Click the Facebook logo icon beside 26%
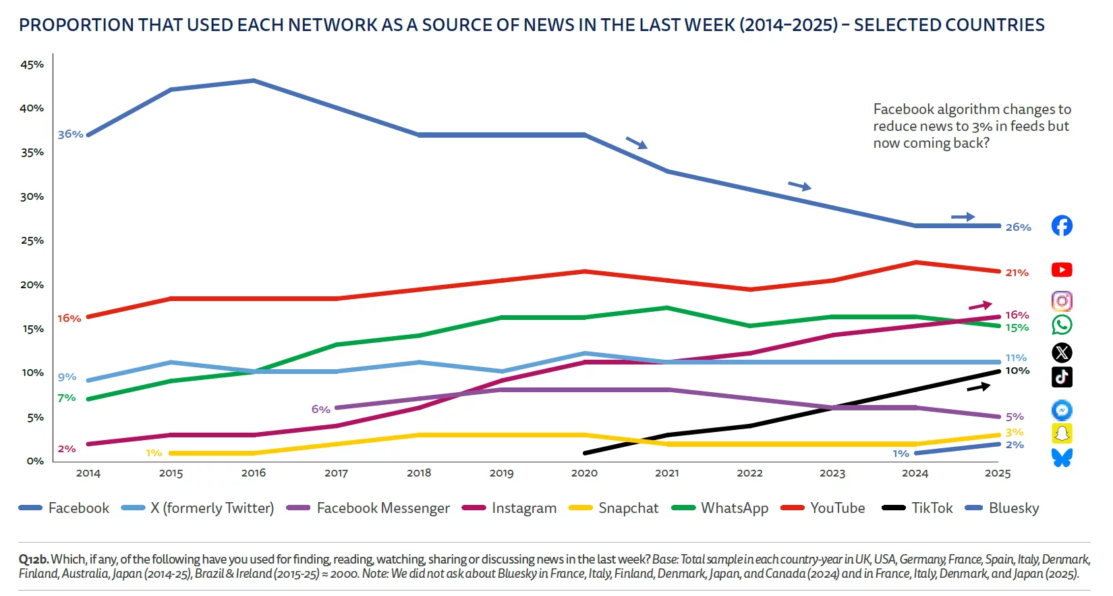(1062, 225)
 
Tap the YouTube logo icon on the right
(1062, 270)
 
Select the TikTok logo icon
(1062, 377)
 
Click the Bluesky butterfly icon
(1062, 458)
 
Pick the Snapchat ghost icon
(1062, 433)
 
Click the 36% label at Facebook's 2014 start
(70, 134)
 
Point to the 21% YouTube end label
(1017, 273)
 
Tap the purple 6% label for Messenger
(320, 410)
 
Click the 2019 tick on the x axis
(501, 473)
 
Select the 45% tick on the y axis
(32, 65)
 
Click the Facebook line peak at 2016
(254, 81)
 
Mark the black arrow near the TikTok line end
(979, 387)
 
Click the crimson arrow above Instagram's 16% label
(980, 306)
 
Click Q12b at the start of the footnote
(34, 560)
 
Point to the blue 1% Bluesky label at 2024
(901, 454)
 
